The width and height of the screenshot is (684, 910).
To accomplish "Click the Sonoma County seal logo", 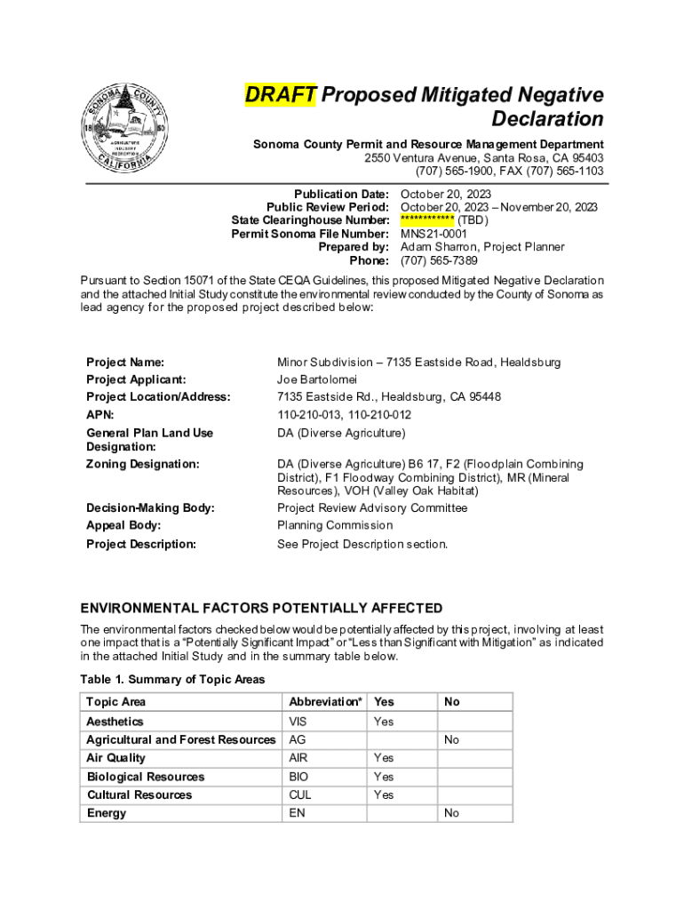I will tap(125, 132).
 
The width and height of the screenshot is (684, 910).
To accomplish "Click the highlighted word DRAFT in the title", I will tap(281, 95).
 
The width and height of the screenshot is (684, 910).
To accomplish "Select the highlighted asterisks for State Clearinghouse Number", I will tap(427, 220).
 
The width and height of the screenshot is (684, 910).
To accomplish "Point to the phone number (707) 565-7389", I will tap(439, 260).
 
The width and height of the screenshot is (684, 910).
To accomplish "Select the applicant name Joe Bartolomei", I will tap(316, 379).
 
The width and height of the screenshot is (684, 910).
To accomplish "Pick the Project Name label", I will tap(125, 363).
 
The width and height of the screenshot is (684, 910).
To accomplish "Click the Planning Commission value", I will tap(335, 525).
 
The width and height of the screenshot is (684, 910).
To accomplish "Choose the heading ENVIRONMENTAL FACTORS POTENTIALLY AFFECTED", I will tap(261, 608).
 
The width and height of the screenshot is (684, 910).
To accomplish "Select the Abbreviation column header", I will tap(325, 702).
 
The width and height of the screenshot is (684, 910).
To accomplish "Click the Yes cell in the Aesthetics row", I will tap(384, 722).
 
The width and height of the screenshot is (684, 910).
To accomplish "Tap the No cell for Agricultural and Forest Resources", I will tap(451, 740).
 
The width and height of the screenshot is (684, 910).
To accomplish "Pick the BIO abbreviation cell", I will tap(299, 777).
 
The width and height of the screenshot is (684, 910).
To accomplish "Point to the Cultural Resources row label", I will tap(139, 795).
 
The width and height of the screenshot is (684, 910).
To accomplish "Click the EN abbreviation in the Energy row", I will tap(297, 813).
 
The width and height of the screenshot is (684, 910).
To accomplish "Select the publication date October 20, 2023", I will tap(446, 194).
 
